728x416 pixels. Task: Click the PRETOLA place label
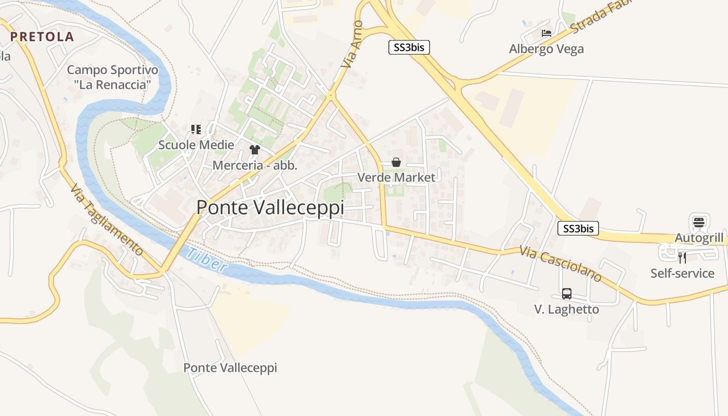[x=42, y=37]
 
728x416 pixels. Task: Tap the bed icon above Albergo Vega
[x=547, y=33]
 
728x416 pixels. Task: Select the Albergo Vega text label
[x=547, y=49]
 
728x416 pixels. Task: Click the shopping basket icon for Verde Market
[x=396, y=162]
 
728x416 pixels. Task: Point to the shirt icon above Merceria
[x=254, y=150]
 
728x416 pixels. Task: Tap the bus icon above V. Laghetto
[x=567, y=293]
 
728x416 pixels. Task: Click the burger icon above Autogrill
[x=698, y=222]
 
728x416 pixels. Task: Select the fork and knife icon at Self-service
[x=682, y=257]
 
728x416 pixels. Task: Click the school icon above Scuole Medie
[x=196, y=129]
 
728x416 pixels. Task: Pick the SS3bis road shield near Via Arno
[x=409, y=47]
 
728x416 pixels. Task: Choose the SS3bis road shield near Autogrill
[x=578, y=228]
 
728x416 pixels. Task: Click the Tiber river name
[x=206, y=259]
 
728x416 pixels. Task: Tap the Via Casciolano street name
[x=561, y=264]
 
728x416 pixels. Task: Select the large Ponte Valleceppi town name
[x=270, y=207]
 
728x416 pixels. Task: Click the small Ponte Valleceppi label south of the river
[x=230, y=368]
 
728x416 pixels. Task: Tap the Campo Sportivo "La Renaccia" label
[x=112, y=76]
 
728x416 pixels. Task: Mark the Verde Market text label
[x=396, y=177]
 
